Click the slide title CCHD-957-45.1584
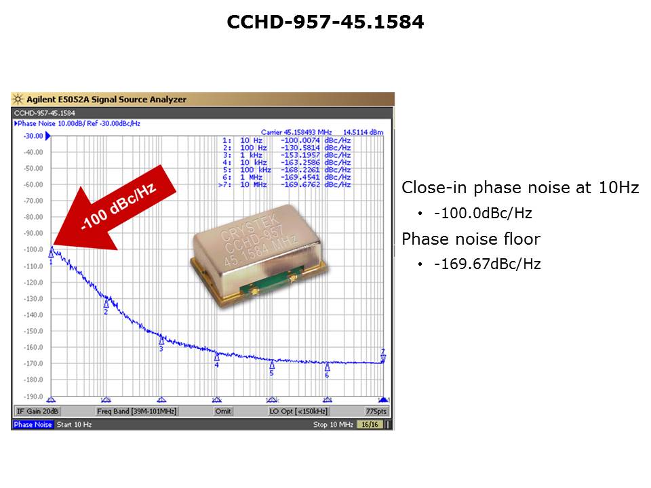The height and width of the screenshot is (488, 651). tap(325, 22)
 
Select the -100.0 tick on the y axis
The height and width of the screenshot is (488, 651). tap(34, 249)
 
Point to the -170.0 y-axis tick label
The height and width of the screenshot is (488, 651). tap(34, 363)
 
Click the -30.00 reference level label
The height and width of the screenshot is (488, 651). tap(34, 136)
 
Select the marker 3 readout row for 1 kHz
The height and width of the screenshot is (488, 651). tap(287, 155)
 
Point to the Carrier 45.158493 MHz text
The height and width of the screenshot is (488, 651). tap(296, 132)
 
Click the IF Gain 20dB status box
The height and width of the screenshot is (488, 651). tap(37, 411)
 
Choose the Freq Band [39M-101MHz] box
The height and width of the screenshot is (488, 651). tap(136, 411)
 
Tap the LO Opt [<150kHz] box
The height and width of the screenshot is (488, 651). tap(298, 411)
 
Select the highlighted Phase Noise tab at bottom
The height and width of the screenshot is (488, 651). tap(33, 424)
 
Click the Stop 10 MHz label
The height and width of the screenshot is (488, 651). tap(333, 424)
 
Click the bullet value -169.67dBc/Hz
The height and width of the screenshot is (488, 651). tap(488, 264)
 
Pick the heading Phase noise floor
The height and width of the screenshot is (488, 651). tap(471, 239)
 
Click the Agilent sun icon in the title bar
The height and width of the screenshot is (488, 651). tap(18, 99)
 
